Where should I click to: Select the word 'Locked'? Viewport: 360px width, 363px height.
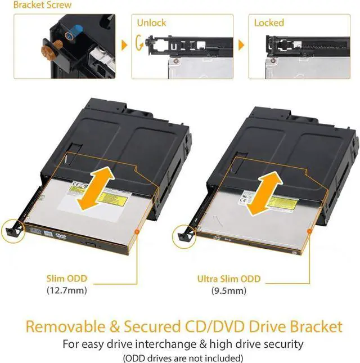tap(269, 23)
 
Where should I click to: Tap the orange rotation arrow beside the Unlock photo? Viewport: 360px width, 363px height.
tap(139, 42)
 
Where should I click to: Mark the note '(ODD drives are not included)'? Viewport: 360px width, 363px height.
tap(180, 358)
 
